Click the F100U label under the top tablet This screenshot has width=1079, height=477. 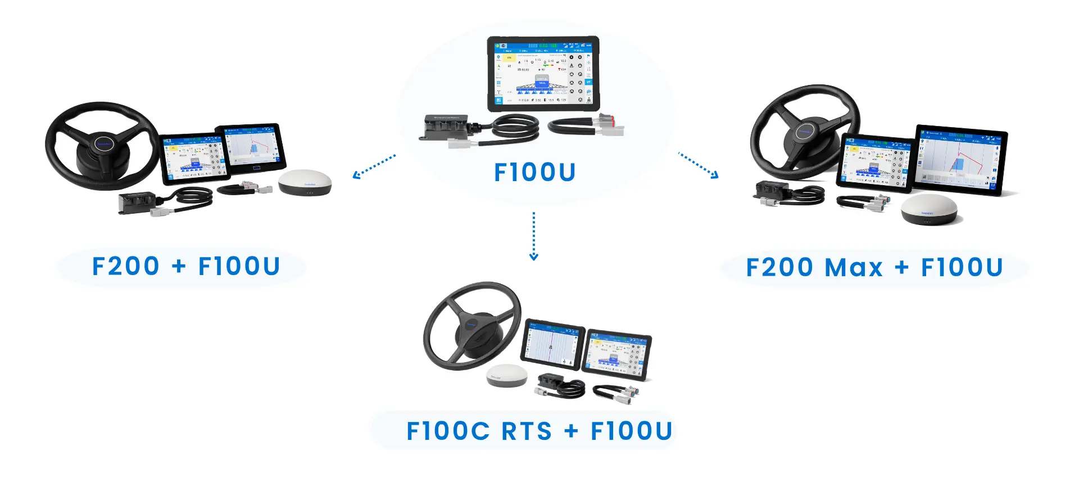tap(534, 172)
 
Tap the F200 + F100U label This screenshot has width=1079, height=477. tap(185, 267)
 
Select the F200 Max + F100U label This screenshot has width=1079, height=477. tap(874, 268)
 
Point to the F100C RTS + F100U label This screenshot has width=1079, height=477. tap(539, 431)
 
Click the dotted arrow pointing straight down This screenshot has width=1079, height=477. tap(534, 236)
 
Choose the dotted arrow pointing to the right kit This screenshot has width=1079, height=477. tap(699, 165)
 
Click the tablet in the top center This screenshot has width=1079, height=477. tap(543, 73)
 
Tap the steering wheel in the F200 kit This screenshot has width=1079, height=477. tap(101, 145)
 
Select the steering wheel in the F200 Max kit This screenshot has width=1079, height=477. tap(804, 132)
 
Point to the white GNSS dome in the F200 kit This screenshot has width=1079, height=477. tap(305, 182)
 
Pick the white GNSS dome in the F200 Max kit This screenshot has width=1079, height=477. tap(929, 209)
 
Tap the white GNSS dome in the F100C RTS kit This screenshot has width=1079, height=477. tap(507, 375)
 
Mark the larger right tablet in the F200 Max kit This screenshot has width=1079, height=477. tap(960, 160)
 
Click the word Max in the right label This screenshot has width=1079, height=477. tap(854, 268)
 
